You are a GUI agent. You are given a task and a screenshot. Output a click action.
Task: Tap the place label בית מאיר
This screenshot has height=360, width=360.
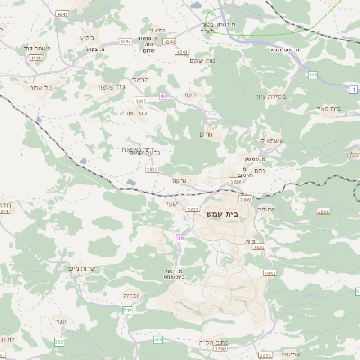click(x=330, y=109)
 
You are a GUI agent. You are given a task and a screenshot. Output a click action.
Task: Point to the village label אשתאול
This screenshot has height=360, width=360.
click(x=272, y=141)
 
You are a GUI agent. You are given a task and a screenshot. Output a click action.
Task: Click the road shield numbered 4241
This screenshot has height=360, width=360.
click(x=61, y=15)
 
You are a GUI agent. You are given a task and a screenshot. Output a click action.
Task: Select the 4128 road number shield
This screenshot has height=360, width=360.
click(x=36, y=58)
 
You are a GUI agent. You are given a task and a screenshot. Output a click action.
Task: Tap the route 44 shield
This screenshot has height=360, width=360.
click(x=164, y=96)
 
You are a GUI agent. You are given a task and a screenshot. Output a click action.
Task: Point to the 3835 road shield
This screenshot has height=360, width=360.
click(x=151, y=168)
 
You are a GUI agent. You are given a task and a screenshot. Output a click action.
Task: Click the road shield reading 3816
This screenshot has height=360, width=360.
click(x=324, y=211)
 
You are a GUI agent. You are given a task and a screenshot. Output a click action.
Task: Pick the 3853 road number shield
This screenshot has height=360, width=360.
click(x=269, y=273)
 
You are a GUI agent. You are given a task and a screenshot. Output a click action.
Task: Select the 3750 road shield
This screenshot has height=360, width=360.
click(x=219, y=350)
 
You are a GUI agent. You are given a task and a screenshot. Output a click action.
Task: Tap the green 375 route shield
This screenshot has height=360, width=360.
click(x=158, y=339)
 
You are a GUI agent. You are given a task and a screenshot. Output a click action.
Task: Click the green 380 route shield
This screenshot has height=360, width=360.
click(x=128, y=310)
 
